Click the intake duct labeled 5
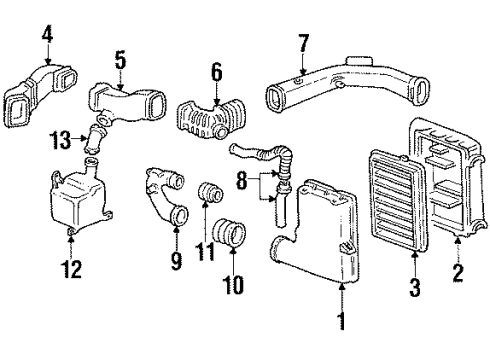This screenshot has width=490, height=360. [130, 102]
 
